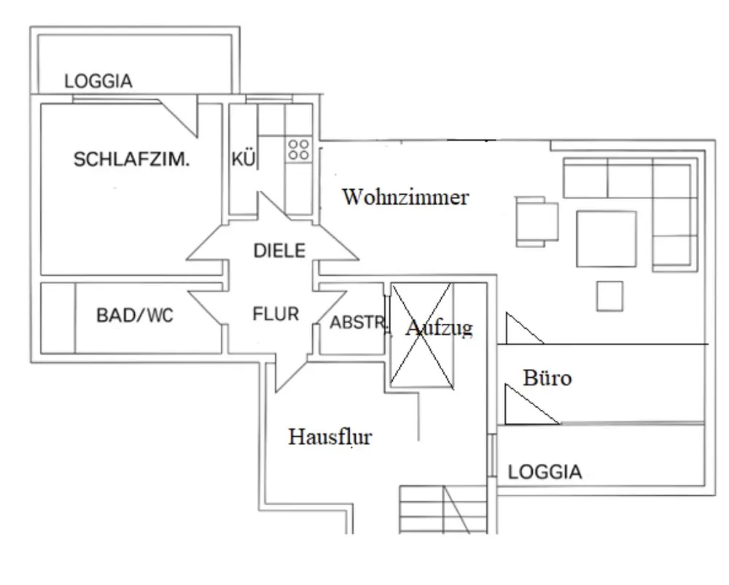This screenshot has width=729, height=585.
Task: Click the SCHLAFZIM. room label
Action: point(131,160)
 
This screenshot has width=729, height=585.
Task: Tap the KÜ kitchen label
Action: point(243,158)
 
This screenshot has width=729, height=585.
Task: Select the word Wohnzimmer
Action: point(405,197)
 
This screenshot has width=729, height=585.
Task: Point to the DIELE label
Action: point(278,251)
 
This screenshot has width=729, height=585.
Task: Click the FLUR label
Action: point(276,315)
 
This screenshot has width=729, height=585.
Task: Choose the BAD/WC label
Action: point(135,316)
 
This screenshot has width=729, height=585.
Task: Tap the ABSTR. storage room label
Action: point(357,323)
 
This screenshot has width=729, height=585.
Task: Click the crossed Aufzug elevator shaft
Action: point(423,336)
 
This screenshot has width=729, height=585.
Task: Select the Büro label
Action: point(547,378)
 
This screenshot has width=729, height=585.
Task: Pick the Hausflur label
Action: point(330,437)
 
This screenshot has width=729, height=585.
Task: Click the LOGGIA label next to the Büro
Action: point(545,472)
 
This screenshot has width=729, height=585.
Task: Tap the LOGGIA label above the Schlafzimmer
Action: point(98,81)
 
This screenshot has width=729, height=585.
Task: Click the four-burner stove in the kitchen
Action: point(297,150)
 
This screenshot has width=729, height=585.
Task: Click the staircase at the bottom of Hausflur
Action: point(442,510)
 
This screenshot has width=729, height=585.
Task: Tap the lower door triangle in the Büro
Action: point(529,407)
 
